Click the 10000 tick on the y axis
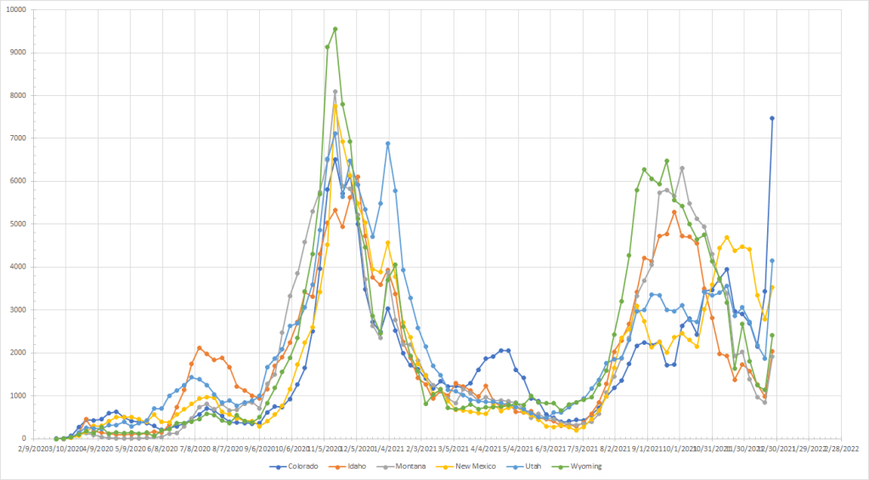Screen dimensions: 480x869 [x=17, y=10]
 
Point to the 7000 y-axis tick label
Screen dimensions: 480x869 [x=19, y=138]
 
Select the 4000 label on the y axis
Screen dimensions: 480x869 [x=19, y=267]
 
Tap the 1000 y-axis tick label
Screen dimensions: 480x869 [x=19, y=396]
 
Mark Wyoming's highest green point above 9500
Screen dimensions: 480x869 [x=335, y=29]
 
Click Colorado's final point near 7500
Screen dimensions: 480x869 [x=772, y=118]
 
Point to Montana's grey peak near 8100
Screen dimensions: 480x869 [x=335, y=92]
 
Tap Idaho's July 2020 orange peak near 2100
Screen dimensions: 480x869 [x=200, y=347]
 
